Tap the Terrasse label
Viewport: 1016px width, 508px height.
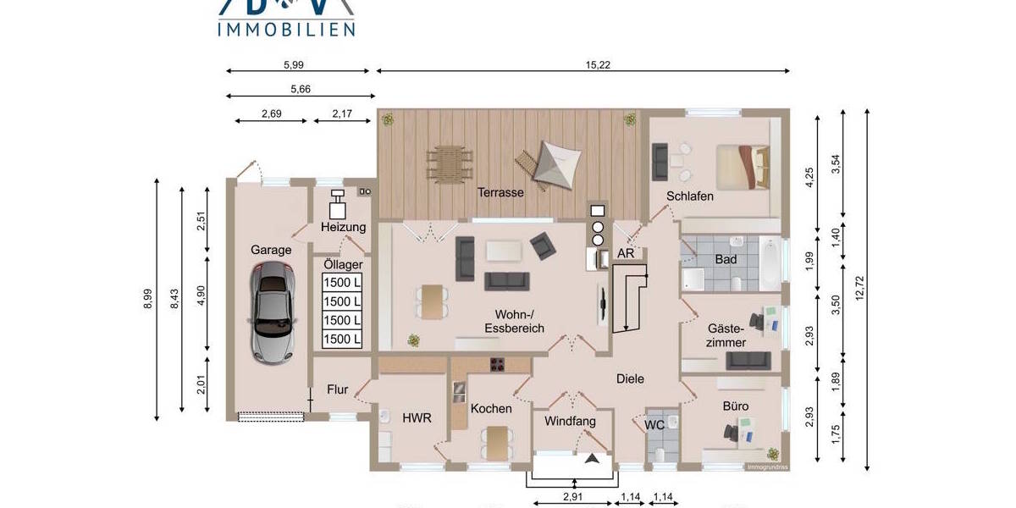click(500, 192)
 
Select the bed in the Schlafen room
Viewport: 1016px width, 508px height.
click(743, 167)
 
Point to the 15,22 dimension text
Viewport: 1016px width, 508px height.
click(598, 64)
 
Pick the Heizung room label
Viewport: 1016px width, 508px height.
click(343, 227)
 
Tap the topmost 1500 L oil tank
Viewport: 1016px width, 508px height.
click(342, 282)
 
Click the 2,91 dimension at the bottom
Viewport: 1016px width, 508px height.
click(575, 498)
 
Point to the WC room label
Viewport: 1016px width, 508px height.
click(654, 425)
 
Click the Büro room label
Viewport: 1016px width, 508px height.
click(734, 406)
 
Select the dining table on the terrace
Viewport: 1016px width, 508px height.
click(449, 162)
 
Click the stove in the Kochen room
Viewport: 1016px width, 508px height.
click(498, 365)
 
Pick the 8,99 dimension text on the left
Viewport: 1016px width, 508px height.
click(147, 299)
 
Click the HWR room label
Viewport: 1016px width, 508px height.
click(417, 417)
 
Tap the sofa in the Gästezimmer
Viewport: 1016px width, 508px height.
click(748, 361)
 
